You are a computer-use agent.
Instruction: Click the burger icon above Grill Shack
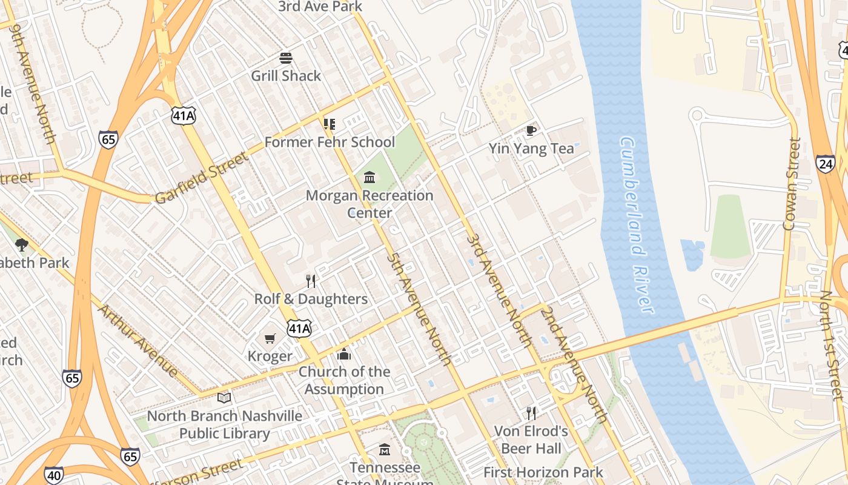[x=286, y=58]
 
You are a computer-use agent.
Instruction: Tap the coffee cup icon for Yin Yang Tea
[x=531, y=130]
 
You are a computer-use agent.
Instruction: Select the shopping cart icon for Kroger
[x=270, y=338]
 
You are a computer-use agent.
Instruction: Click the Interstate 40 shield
[x=54, y=475]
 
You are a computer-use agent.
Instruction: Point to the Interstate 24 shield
[x=825, y=164]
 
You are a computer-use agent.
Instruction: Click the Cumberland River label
[x=636, y=225]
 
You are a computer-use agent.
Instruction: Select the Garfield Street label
[x=201, y=178]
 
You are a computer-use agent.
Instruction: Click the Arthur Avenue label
[x=138, y=341]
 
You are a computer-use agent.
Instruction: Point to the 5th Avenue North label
[x=419, y=309]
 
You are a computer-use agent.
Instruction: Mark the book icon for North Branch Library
[x=224, y=398]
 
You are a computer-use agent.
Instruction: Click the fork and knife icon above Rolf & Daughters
[x=311, y=281]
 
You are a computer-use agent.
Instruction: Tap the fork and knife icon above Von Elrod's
[x=531, y=413]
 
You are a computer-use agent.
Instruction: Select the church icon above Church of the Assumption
[x=344, y=353]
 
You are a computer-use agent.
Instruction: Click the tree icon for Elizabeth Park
[x=22, y=245]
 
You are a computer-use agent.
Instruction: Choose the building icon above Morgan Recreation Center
[x=369, y=178]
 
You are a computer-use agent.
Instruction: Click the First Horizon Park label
[x=543, y=472]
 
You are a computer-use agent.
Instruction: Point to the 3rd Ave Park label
[x=320, y=7]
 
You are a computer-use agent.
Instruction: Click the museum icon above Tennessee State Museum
[x=385, y=450]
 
